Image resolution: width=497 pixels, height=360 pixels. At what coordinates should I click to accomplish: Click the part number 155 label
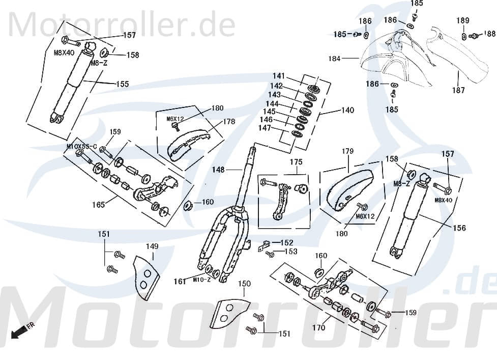coord(123,84)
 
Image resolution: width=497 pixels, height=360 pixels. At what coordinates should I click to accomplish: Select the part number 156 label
coord(459,228)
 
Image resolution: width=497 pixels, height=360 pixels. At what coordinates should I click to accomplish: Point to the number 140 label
coord(347,110)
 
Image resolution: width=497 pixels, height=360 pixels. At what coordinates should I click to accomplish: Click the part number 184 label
coord(334,59)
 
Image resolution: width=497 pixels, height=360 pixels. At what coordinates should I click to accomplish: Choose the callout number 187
coord(458,90)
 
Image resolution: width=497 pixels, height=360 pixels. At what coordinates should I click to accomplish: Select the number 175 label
coord(296,162)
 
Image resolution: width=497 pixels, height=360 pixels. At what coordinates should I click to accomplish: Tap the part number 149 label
coord(152,246)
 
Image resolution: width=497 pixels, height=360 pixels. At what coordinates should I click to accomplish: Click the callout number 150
coord(245,284)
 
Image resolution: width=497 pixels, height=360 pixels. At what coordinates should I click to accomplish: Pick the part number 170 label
coord(318,328)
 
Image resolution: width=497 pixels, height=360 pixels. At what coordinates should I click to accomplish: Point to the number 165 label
coord(98,205)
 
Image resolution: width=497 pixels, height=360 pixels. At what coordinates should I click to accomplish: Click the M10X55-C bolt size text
coord(81,146)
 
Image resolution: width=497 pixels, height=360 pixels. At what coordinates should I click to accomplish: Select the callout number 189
coord(462,20)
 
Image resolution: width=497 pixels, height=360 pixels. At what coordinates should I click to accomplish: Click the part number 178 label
coord(229,122)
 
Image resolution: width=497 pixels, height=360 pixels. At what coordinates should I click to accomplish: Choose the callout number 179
coord(347,151)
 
